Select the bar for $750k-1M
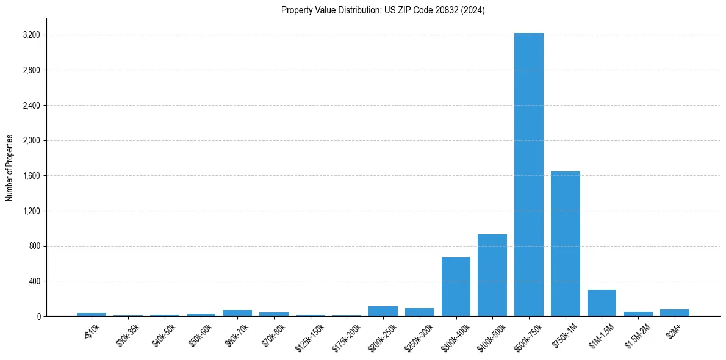[x=565, y=244]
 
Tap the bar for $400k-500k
[x=492, y=275]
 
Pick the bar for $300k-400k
[x=456, y=287]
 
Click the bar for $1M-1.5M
[x=602, y=303]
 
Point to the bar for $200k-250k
[x=383, y=311]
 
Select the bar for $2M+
[x=674, y=313]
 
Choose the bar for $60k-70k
[x=237, y=313]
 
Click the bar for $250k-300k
[x=419, y=312]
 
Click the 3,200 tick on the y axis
[x=31, y=35]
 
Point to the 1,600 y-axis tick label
[x=31, y=176]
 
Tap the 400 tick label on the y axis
[x=34, y=281]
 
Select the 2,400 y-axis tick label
[x=31, y=106]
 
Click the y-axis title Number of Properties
[x=10, y=167]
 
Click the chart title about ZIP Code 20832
[x=383, y=10]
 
